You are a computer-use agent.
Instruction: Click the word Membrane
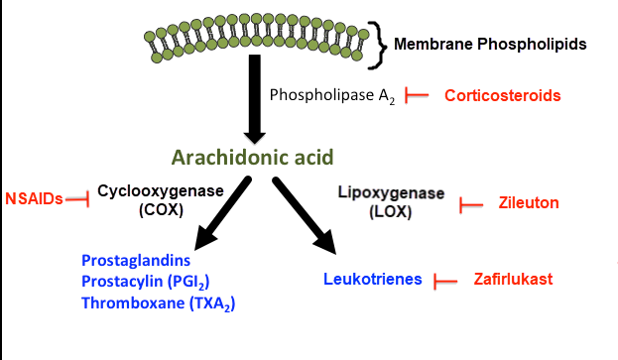click(433, 44)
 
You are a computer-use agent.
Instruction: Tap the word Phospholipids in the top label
click(532, 45)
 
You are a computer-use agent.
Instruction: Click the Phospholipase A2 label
click(332, 96)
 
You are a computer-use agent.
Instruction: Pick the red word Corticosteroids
click(503, 96)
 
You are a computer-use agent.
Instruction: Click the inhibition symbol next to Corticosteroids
click(417, 95)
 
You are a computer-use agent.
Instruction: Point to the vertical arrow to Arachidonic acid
click(255, 99)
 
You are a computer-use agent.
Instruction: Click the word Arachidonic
click(226, 157)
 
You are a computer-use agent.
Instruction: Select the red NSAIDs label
click(34, 199)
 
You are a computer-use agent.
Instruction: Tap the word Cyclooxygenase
click(161, 191)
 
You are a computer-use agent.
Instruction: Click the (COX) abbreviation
click(162, 209)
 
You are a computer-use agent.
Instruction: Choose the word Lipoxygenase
click(391, 193)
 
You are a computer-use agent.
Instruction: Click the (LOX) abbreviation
click(391, 212)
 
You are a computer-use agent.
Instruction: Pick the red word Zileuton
click(529, 203)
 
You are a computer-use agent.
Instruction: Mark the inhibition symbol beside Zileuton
click(471, 205)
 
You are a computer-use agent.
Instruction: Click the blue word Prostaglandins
click(136, 261)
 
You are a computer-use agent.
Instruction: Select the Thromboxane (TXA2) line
click(158, 303)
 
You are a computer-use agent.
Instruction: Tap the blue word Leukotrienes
click(373, 280)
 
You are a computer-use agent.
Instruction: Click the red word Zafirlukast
click(513, 280)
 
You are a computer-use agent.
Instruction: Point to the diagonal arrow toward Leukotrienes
click(305, 215)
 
